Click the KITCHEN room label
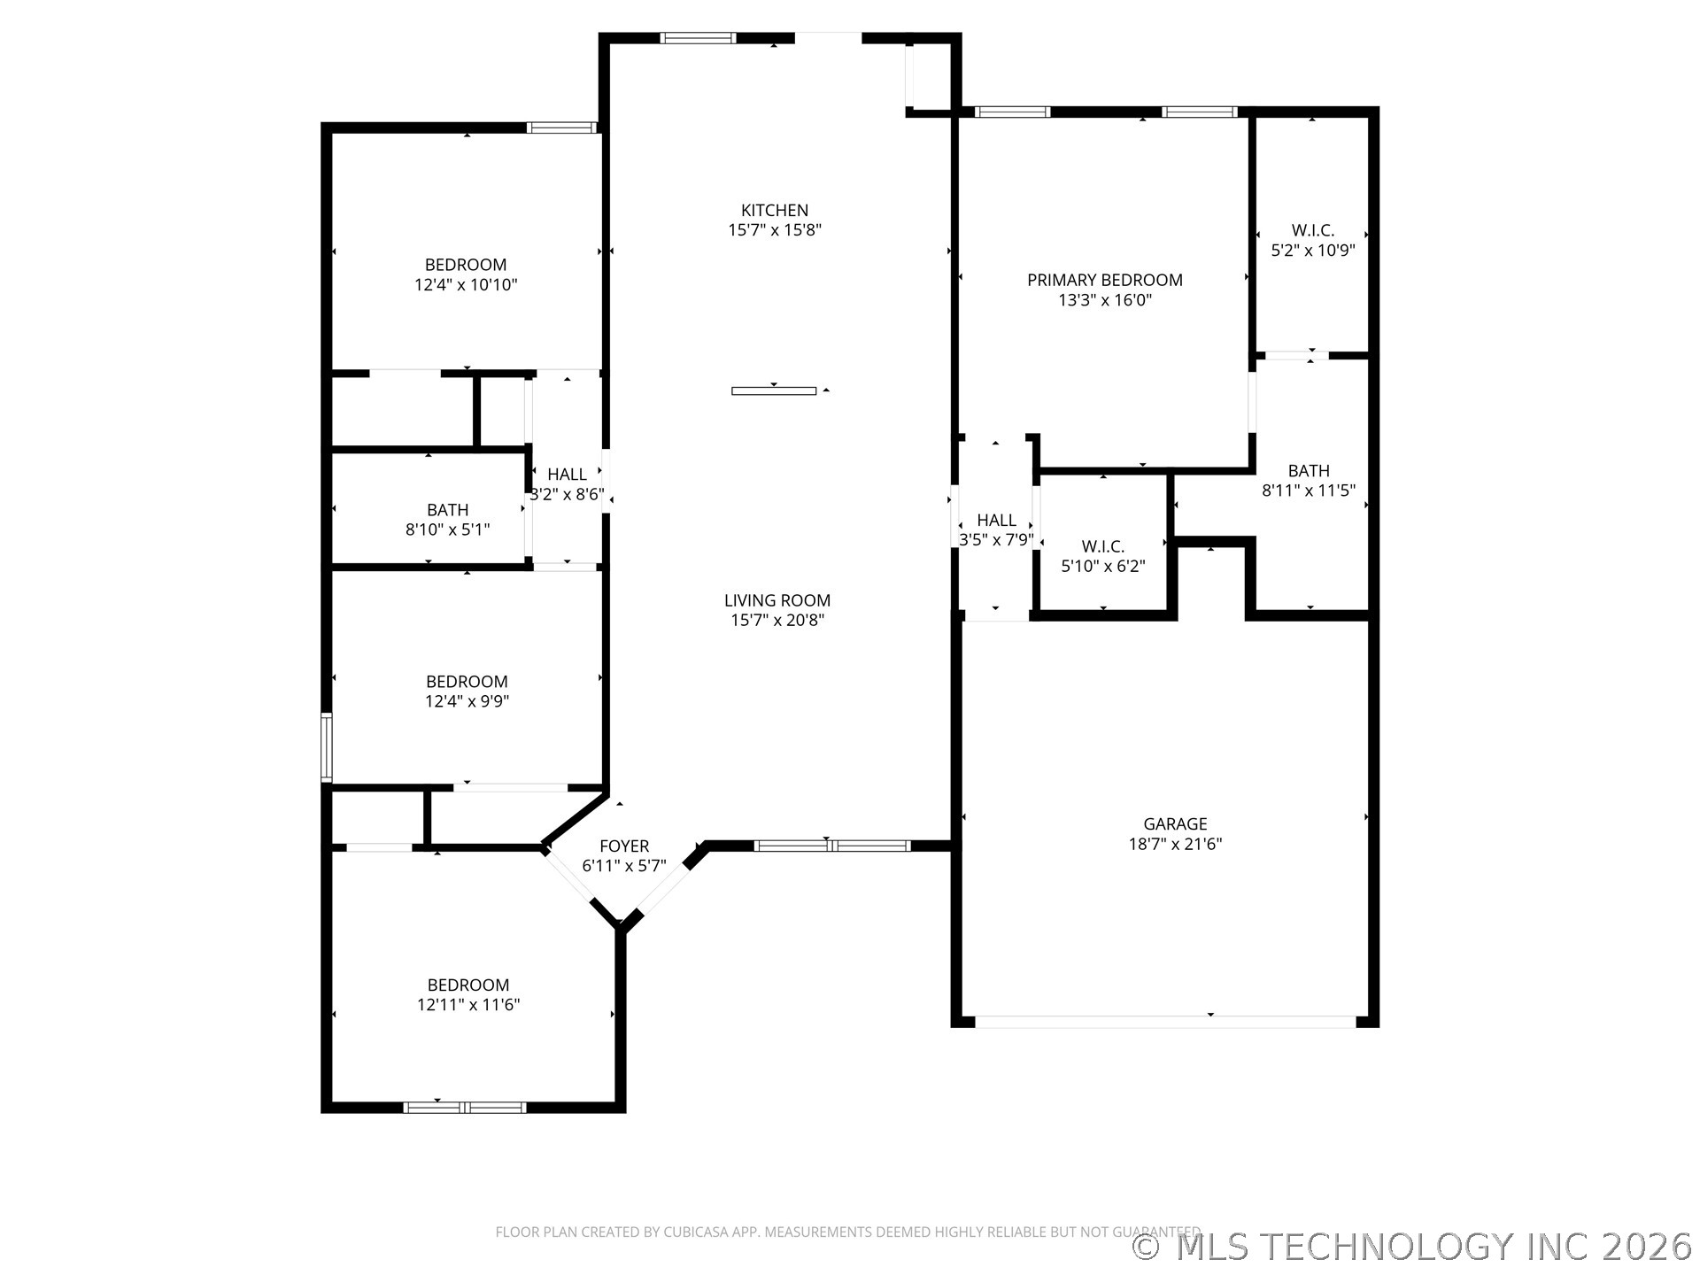[775, 210]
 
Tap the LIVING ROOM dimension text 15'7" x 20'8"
[777, 620]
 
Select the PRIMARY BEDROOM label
[1104, 280]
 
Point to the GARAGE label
[1175, 823]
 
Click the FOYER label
[624, 846]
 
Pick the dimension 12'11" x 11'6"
[468, 1005]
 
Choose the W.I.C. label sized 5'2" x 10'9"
[1312, 230]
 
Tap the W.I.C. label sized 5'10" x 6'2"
[1102, 546]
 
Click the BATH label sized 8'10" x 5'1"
[447, 509]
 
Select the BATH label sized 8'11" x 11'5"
[1309, 470]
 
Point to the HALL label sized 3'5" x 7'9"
[996, 520]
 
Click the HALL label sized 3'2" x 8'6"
[567, 474]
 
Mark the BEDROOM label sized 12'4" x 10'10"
[466, 265]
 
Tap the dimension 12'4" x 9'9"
[467, 701]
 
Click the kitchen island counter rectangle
[774, 390]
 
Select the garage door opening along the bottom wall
[1164, 1022]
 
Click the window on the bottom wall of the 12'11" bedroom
[465, 1107]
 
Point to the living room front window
[832, 846]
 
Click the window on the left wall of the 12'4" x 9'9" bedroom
[326, 748]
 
